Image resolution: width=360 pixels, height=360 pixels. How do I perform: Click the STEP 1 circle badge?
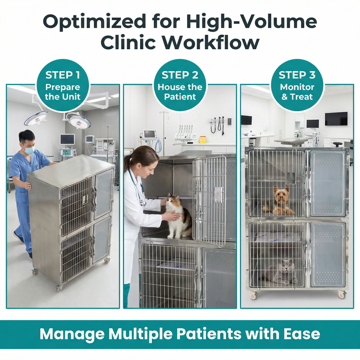point(63,85)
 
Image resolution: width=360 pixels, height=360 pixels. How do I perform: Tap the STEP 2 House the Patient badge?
point(180,85)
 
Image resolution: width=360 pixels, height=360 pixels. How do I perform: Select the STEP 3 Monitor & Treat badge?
point(297,85)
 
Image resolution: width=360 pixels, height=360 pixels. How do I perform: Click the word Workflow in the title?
point(211,43)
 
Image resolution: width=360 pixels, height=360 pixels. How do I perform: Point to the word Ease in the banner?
point(302,334)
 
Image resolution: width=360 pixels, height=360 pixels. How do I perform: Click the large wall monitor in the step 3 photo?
point(336,119)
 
